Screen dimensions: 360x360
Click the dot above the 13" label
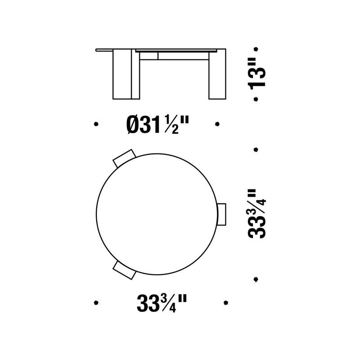[x=256, y=49]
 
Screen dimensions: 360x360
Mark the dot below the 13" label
[x=256, y=99]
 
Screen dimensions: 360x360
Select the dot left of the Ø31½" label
[x=95, y=124]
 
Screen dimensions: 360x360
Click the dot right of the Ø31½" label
[x=217, y=124]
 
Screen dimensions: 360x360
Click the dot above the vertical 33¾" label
[x=256, y=149]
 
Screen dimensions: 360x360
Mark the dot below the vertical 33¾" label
[x=256, y=279]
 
